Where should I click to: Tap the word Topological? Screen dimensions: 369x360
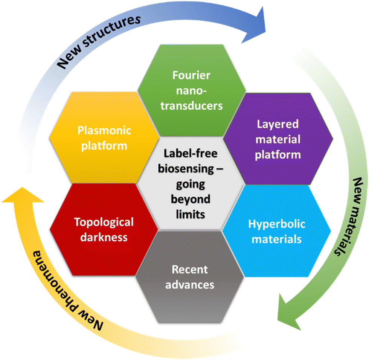(x=104, y=222)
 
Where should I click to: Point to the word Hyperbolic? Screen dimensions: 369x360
(x=277, y=224)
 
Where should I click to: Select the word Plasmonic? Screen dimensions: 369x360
(x=104, y=130)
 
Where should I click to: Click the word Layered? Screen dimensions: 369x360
(x=278, y=124)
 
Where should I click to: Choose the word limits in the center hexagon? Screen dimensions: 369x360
(x=190, y=214)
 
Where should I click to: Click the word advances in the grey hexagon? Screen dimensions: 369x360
(x=190, y=284)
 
